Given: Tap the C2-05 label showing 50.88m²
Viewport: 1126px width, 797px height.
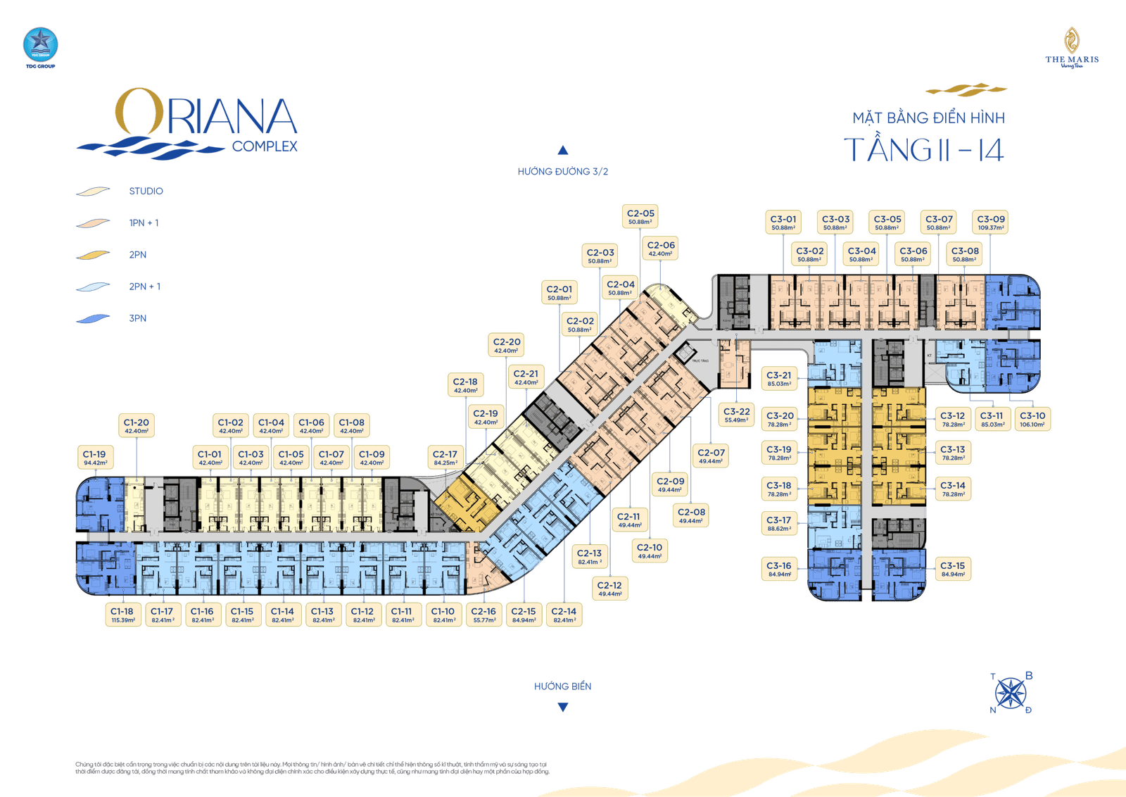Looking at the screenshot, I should [x=640, y=217].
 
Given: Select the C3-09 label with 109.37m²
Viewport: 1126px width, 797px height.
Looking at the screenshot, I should [x=991, y=222].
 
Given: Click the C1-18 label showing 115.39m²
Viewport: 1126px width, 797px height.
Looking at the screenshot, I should [x=122, y=615].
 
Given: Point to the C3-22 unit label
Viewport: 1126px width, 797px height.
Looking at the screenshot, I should [x=736, y=415].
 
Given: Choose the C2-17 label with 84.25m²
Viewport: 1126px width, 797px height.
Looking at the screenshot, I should [x=445, y=458].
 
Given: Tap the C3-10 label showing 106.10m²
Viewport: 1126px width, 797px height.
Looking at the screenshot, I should [x=1032, y=420].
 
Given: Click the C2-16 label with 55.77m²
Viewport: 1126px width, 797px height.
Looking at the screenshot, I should [x=483, y=615].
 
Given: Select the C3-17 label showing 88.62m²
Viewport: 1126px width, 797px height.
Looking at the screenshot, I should [x=779, y=524].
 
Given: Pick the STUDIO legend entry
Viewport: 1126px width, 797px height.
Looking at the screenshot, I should [x=146, y=192].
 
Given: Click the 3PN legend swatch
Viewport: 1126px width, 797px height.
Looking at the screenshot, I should [x=94, y=318].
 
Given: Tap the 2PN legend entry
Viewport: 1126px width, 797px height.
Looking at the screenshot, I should [x=138, y=255].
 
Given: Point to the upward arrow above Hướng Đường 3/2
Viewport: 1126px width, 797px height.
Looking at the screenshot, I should [x=562, y=150].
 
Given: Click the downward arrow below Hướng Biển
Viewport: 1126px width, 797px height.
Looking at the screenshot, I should [x=562, y=708].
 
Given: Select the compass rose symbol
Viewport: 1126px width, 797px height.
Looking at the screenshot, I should [x=1011, y=693].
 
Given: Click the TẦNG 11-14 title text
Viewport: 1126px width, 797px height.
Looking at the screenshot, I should [x=924, y=149].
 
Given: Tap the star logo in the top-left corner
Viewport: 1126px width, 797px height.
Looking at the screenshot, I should [x=39, y=45].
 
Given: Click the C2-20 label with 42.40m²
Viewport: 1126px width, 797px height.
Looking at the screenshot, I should [x=507, y=346].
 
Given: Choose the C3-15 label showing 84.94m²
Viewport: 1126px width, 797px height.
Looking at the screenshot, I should [x=953, y=570].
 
